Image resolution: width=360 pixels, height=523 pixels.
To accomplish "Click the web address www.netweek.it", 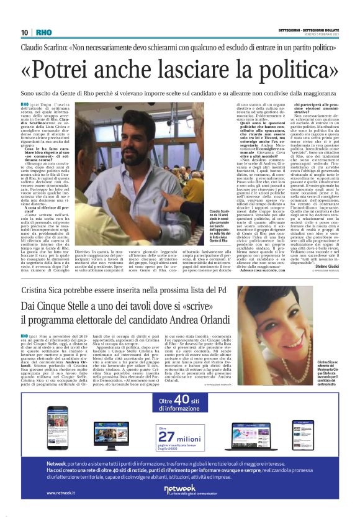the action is click(60, 493).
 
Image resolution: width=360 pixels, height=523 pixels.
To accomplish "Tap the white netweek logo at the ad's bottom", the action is click(179, 490).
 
